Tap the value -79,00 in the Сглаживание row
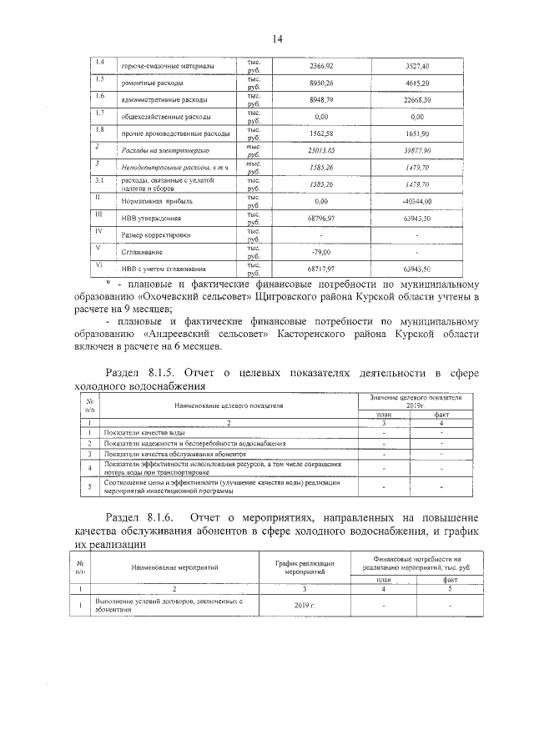[x=322, y=252]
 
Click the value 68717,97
[x=322, y=269]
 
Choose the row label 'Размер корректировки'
[x=156, y=235]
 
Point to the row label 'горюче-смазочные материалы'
[x=169, y=66]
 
